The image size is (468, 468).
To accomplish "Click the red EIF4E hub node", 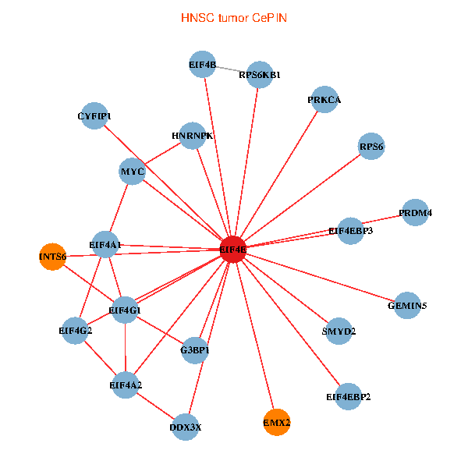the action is pyautogui.click(x=233, y=250).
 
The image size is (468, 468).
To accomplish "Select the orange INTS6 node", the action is pyautogui.click(x=52, y=256).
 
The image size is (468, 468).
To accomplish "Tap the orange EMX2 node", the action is pyautogui.click(x=277, y=422).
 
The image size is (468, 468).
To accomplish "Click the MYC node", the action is pyautogui.click(x=133, y=172).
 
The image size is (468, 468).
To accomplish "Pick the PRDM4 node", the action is pyautogui.click(x=415, y=212).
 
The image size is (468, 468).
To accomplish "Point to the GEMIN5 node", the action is pyautogui.click(x=407, y=305).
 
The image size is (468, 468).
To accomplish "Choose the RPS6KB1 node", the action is pyautogui.click(x=260, y=75).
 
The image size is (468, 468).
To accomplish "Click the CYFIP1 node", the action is pyautogui.click(x=94, y=116).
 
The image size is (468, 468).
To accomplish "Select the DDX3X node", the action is pyautogui.click(x=186, y=427).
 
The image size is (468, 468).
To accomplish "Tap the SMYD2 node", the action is pyautogui.click(x=339, y=331).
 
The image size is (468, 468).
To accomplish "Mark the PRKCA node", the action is pyautogui.click(x=324, y=100).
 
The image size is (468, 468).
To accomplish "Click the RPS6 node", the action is pyautogui.click(x=371, y=146).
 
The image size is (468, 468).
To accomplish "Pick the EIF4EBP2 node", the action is pyautogui.click(x=348, y=396).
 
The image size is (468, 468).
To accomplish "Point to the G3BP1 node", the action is pyautogui.click(x=195, y=350).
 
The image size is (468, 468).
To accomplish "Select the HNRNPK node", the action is pyautogui.click(x=192, y=136).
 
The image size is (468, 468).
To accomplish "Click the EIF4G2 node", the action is pyautogui.click(x=76, y=331).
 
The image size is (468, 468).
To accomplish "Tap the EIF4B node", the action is pyautogui.click(x=203, y=65).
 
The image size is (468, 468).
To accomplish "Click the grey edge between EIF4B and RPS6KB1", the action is pyautogui.click(x=232, y=69).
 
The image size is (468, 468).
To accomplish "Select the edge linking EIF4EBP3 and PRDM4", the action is pyautogui.click(x=383, y=221).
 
